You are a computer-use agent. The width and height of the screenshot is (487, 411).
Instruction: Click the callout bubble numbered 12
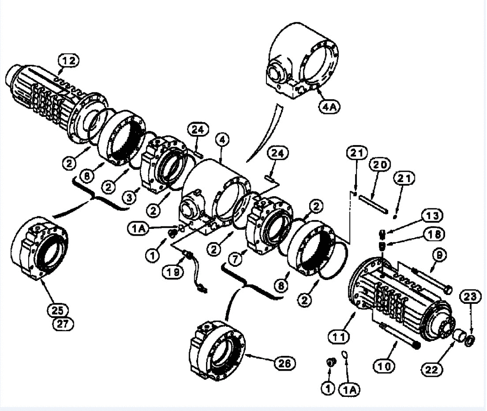68,61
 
